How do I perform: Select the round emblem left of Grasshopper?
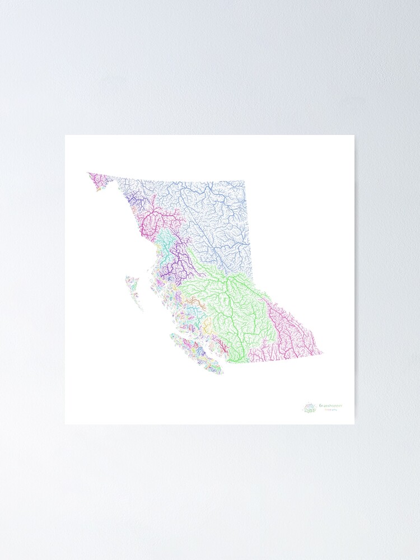[x=310, y=408]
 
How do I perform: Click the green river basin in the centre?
[x=230, y=302]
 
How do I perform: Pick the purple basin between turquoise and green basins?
[x=179, y=260]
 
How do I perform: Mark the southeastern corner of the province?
[x=322, y=353]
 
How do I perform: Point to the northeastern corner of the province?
[x=245, y=181]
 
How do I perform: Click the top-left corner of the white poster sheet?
[x=66, y=136]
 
